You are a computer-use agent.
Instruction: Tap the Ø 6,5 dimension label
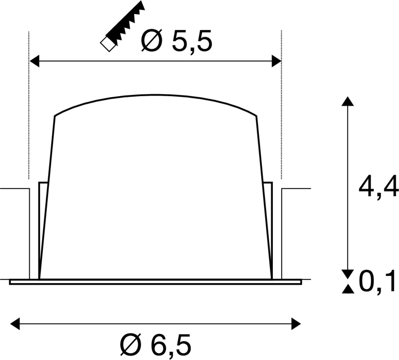[155, 345]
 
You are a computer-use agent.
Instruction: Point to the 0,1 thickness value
[377, 282]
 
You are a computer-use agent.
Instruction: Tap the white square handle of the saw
[108, 44]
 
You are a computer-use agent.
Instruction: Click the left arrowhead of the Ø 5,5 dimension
[34, 61]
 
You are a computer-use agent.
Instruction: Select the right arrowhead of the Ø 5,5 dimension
[277, 61]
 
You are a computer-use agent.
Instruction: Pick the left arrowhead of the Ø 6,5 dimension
[15, 324]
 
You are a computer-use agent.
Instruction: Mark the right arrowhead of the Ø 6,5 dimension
[296, 324]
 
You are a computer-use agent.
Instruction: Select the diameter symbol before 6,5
[130, 345]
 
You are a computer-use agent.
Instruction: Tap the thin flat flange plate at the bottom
[155, 282]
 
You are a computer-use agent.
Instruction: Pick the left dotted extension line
[29, 104]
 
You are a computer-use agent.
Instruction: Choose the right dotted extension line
[281, 104]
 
